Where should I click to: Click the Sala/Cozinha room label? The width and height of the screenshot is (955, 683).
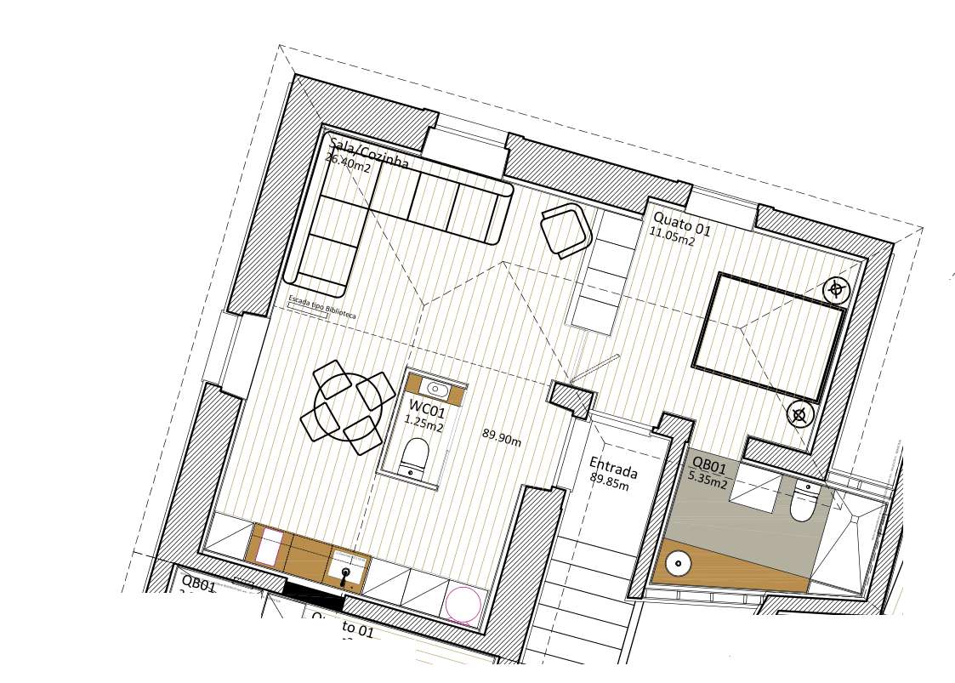[369, 153]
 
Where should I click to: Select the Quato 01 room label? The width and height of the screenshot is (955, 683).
[682, 224]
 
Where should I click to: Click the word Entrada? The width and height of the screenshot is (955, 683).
[613, 468]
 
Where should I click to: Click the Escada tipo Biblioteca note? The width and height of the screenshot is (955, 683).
[322, 307]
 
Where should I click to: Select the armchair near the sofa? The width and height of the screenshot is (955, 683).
[566, 228]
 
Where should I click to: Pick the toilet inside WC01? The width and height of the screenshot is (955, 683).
[414, 457]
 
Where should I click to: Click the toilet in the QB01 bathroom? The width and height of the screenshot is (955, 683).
[803, 504]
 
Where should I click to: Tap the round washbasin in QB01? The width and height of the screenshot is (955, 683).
[678, 562]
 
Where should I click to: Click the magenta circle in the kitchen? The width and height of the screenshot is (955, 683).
[463, 605]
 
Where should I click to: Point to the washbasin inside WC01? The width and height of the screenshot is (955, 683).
[436, 389]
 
